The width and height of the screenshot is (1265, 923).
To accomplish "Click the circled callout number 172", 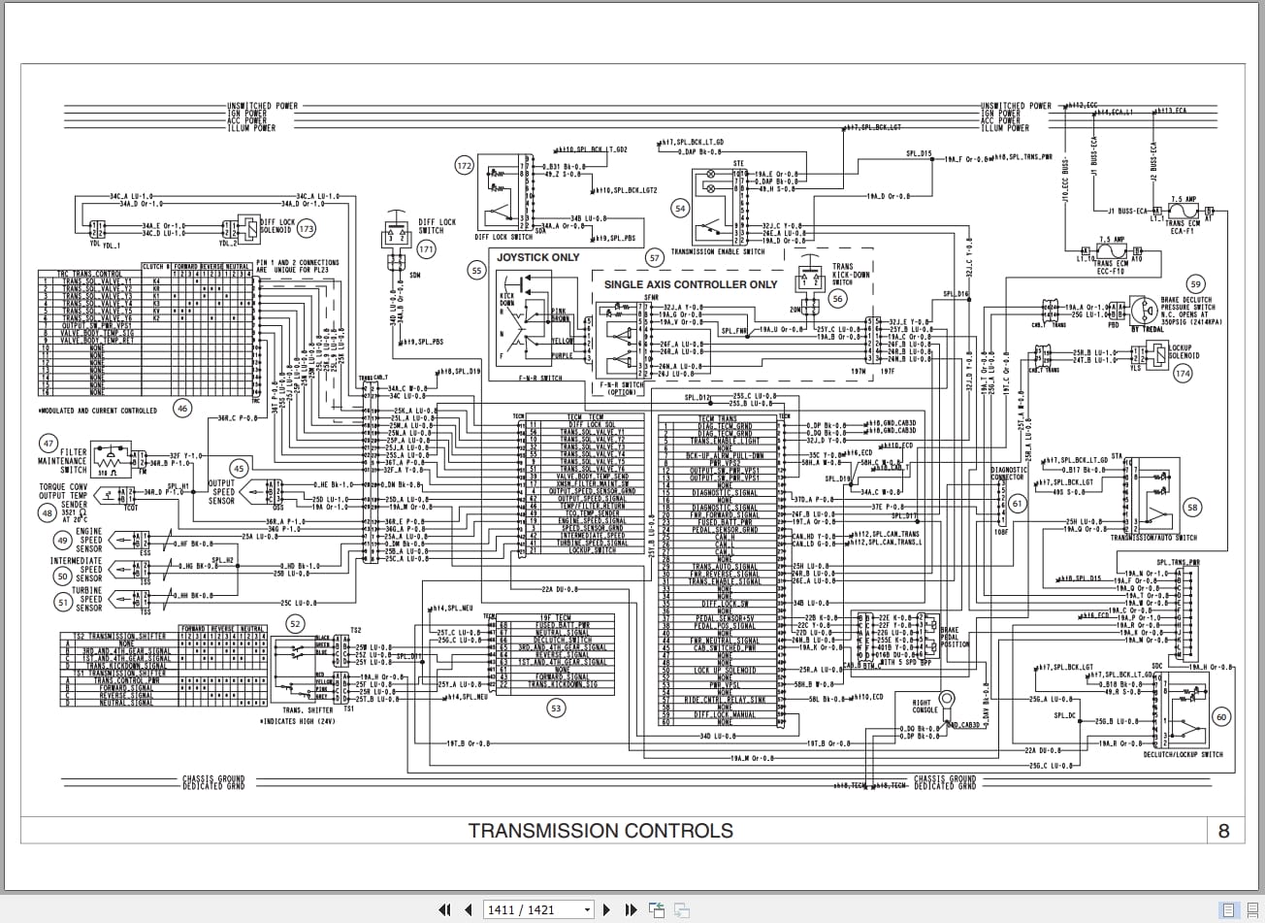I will tap(464, 166).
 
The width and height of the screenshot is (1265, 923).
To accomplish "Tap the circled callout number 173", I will tap(308, 229).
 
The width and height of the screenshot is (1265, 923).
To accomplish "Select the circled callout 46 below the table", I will tap(182, 409).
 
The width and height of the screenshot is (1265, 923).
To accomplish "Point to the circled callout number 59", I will tap(1195, 284).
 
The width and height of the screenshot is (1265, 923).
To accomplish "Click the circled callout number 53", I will tap(556, 709).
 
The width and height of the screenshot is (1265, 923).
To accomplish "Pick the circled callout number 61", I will tap(1018, 504).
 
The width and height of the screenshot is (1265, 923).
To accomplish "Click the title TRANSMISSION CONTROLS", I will tap(600, 831).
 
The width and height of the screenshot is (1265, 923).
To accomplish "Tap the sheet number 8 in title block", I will tap(1223, 831).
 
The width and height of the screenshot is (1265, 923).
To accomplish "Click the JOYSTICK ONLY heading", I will tap(538, 257).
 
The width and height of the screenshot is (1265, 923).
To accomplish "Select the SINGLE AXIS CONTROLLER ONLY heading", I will tap(691, 284).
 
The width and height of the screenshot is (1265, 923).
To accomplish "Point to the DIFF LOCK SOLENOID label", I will tap(276, 226).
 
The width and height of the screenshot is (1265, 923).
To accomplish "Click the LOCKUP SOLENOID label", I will tap(1181, 351).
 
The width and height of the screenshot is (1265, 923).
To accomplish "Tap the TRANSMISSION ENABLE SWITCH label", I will tap(718, 251).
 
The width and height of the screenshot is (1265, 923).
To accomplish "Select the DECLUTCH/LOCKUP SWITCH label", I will tap(1183, 754).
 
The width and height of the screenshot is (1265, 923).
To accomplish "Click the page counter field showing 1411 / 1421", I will tap(538, 909).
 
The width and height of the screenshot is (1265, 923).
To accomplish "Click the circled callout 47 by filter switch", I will tap(48, 444).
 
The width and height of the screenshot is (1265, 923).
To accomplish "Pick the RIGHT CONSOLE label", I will tap(924, 706).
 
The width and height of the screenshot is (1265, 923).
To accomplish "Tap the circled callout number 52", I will tap(295, 624).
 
